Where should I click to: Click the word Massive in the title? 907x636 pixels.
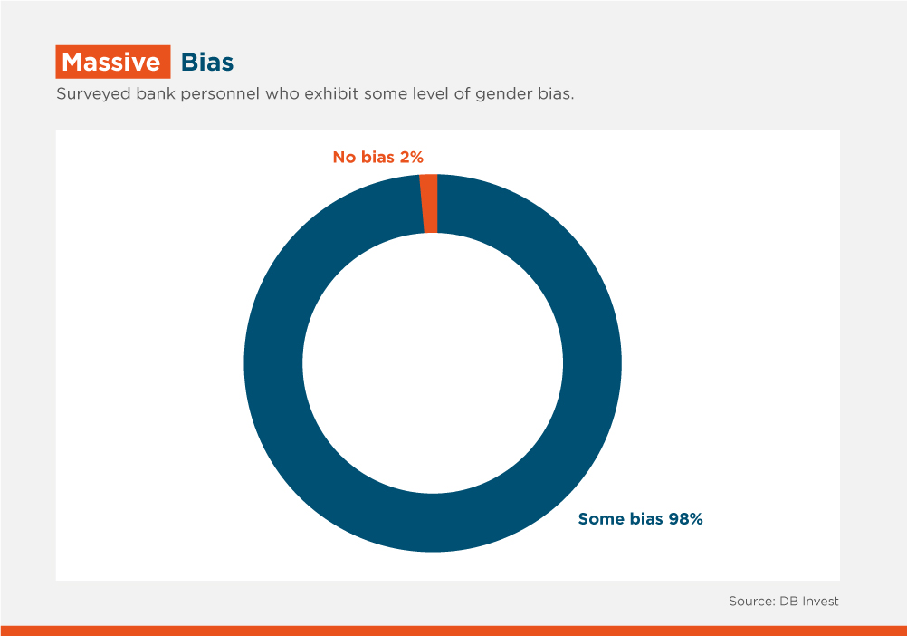pos(111,62)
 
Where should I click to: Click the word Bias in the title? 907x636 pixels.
pos(207,62)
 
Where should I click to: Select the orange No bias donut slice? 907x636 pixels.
pos(429,204)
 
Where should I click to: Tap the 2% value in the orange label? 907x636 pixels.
pos(411,157)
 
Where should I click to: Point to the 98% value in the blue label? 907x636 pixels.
pos(685,518)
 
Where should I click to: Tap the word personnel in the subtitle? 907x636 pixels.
pos(220,94)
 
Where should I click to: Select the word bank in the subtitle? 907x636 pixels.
pos(156,93)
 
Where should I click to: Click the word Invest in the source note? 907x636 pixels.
pos(820,602)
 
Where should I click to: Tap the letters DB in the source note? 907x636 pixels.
pos(788,602)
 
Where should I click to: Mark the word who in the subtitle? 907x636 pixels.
pos(282,93)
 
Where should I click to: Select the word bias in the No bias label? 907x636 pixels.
pos(377,157)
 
